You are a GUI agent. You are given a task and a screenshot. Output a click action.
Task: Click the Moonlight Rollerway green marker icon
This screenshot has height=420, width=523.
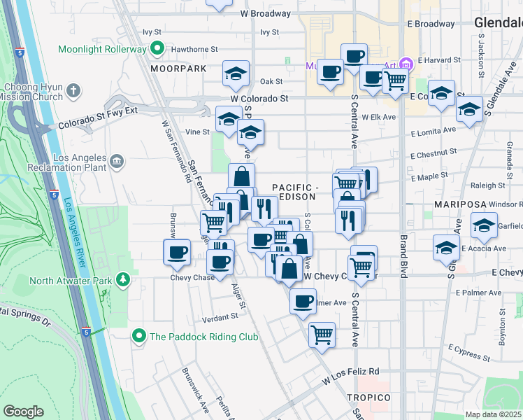(x=157, y=50)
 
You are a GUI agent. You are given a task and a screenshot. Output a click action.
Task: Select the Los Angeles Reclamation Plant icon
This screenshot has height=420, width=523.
(x=117, y=162)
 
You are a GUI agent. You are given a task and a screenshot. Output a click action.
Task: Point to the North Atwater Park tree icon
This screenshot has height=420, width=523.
(x=123, y=281)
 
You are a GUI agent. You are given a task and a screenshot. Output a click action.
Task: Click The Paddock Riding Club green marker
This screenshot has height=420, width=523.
(x=139, y=337)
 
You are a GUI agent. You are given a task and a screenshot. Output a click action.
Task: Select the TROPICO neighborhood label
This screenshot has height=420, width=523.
(x=368, y=398)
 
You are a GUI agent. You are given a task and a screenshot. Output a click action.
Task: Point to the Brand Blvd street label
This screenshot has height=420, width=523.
(x=403, y=257)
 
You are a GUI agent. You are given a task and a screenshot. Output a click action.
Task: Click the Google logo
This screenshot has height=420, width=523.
(x=24, y=412)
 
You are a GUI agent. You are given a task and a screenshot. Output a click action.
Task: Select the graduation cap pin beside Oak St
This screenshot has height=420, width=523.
(x=236, y=73)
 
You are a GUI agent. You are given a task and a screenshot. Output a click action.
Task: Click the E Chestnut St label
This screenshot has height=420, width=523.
(x=434, y=151)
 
